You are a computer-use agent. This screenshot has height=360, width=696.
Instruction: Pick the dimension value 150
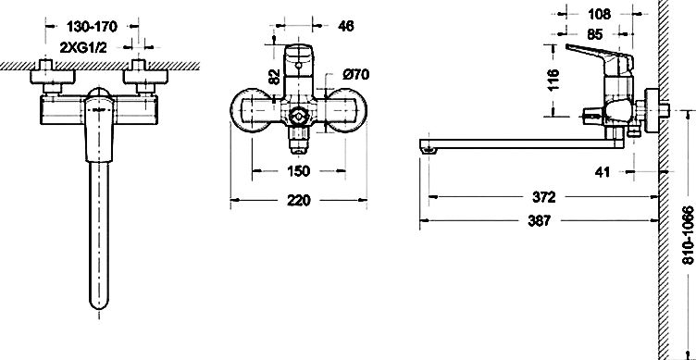pyautogui.click(x=300, y=171)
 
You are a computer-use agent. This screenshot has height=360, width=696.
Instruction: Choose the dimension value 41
pyautogui.click(x=602, y=172)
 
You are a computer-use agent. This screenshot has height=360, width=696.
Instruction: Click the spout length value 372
pyautogui.click(x=547, y=198)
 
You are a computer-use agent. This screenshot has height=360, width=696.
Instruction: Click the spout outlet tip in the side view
pyautogui.click(x=427, y=146)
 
